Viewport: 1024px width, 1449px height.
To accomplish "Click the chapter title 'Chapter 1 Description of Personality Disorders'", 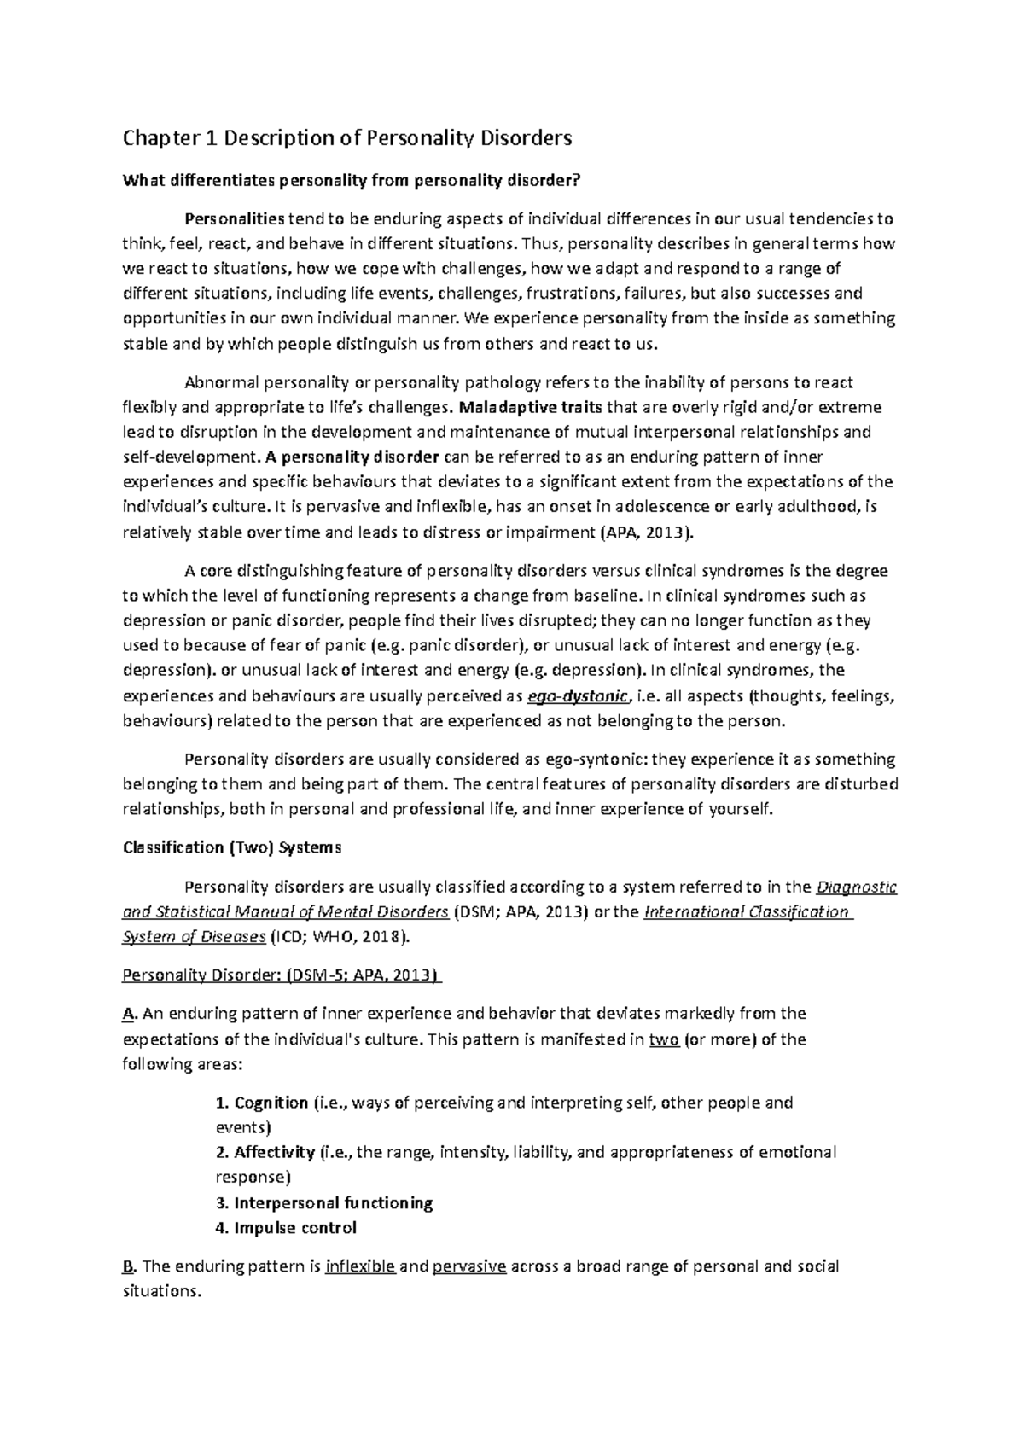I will coord(346,138).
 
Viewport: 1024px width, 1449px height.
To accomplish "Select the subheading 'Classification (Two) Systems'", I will coord(232,847).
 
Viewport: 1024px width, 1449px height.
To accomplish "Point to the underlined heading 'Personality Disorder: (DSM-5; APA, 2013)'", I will coord(282,975).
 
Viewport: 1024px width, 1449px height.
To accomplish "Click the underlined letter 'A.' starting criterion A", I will coord(130,1014).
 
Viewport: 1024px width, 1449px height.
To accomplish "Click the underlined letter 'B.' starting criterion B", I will coord(130,1266).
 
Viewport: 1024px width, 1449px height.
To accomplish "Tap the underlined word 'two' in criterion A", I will coord(664,1039).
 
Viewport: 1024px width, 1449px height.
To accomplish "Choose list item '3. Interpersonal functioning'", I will coord(324,1203).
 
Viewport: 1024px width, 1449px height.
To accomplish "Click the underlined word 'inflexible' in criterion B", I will coord(360,1266).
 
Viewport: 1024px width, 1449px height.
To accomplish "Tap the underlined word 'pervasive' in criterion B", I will coord(469,1266).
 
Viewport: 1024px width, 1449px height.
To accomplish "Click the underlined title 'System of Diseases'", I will coord(195,937).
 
